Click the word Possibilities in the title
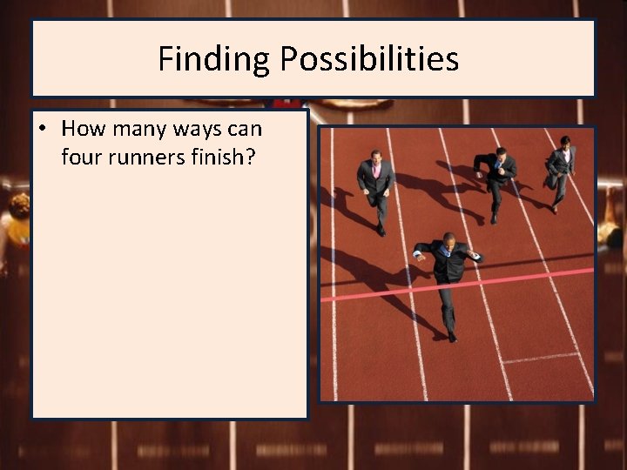click(369, 59)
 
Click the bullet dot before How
click(42, 130)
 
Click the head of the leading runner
click(448, 238)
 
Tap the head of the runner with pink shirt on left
click(376, 156)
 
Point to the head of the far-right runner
click(564, 141)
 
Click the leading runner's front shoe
click(451, 336)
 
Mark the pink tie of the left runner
click(377, 171)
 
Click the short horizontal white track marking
click(540, 357)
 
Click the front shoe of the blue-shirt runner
click(492, 218)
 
